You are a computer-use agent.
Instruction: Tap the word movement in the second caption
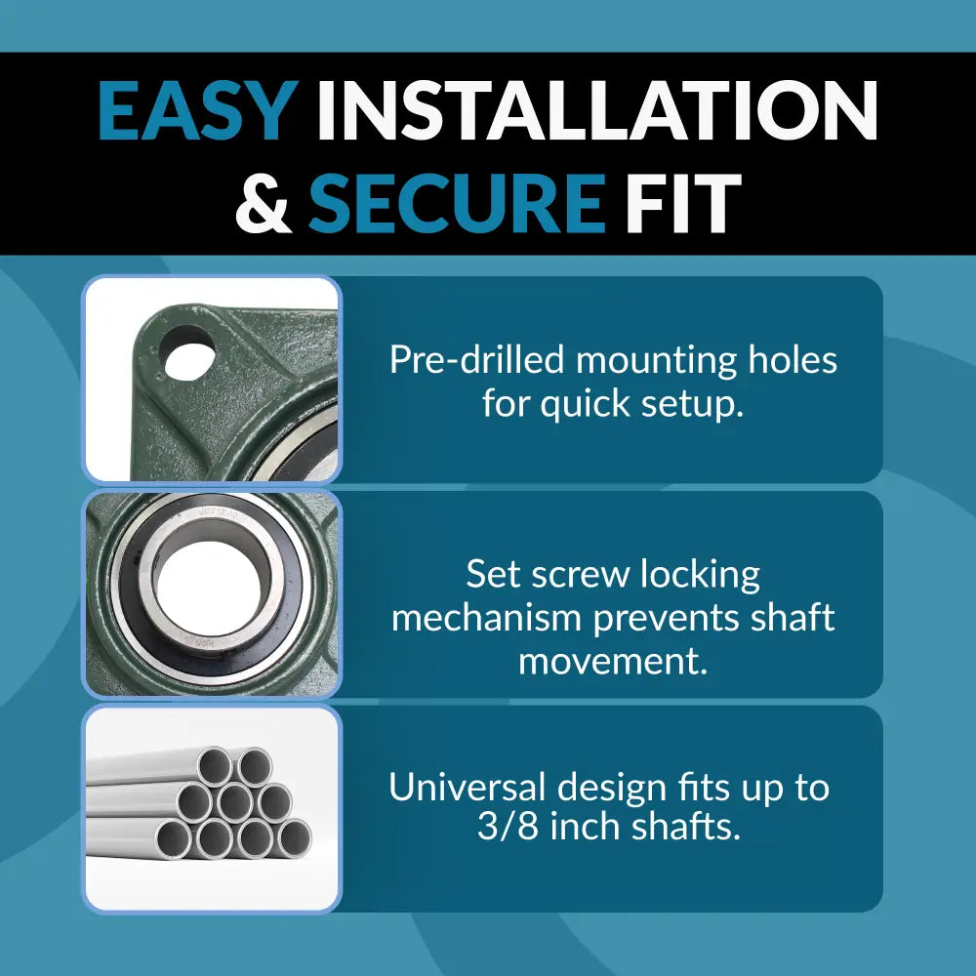click(x=613, y=661)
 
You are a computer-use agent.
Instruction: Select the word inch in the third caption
click(x=578, y=829)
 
